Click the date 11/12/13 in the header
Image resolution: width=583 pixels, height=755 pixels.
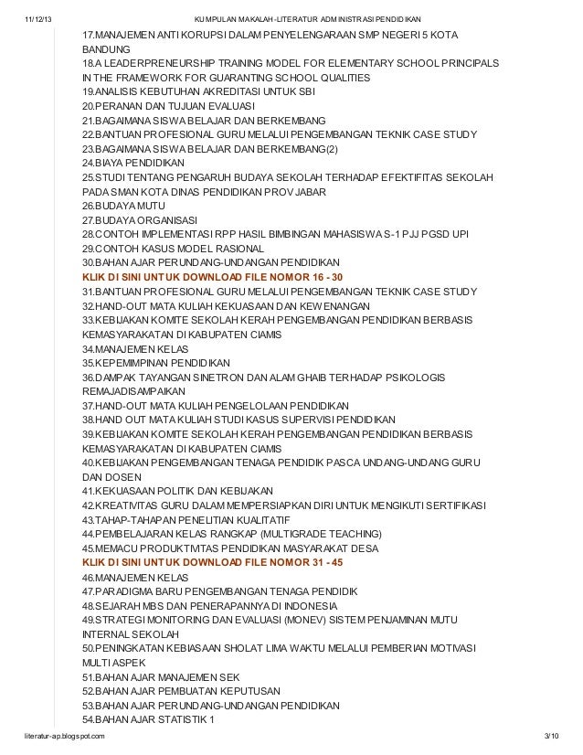[x=39, y=17]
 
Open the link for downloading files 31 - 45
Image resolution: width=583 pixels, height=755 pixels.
[x=212, y=563]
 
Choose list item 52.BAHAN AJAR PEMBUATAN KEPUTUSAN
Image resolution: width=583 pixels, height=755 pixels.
[x=180, y=691]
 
